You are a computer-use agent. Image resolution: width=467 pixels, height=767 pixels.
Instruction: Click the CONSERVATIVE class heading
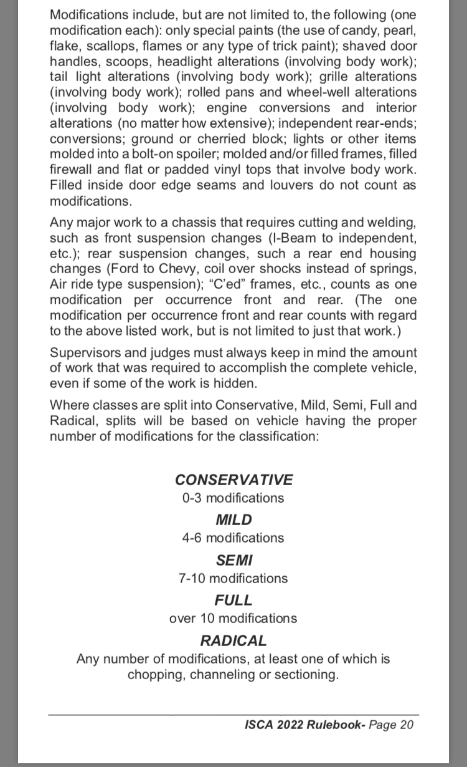click(x=233, y=480)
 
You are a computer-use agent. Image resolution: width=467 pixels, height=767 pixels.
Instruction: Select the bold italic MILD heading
click(x=233, y=519)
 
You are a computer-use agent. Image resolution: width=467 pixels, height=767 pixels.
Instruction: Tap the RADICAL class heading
click(x=233, y=640)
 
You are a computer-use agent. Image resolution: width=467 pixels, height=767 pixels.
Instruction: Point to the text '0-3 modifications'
click(x=233, y=498)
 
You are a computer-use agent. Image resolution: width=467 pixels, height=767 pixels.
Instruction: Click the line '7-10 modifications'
click(x=233, y=578)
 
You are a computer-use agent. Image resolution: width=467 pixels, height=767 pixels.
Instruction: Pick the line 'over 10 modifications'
click(x=233, y=618)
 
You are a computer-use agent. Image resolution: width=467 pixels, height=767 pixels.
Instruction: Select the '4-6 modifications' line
click(x=233, y=538)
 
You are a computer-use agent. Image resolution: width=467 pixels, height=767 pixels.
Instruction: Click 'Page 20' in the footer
click(x=391, y=724)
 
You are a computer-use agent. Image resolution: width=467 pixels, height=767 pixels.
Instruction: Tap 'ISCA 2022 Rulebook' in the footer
click(x=304, y=724)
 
